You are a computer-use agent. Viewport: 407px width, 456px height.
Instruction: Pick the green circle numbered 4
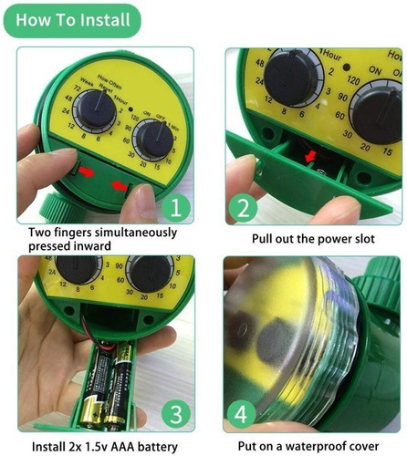[243, 411]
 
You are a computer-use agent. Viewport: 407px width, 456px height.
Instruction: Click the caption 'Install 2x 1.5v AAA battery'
[101, 446]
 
